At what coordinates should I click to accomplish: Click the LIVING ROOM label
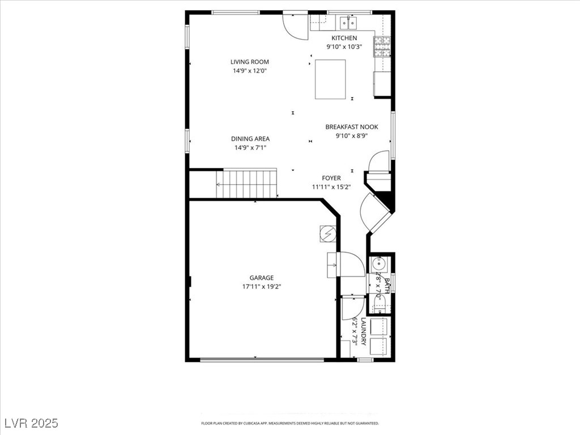click(249, 62)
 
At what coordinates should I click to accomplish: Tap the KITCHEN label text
click(344, 38)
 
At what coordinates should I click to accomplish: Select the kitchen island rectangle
click(330, 79)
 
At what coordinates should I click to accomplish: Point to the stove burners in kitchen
click(382, 46)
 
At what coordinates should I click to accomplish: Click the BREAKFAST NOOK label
click(351, 127)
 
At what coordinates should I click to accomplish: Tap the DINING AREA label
click(250, 139)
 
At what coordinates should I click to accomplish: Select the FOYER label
click(331, 178)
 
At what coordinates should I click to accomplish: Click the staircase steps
click(247, 184)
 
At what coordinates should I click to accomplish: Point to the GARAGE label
click(262, 278)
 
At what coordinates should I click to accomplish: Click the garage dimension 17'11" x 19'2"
click(262, 287)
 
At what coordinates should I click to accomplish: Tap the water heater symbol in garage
click(328, 233)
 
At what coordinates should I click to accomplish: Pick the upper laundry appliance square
click(379, 327)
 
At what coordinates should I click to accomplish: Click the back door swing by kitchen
click(295, 25)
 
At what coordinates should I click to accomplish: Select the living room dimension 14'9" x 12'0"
click(249, 71)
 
